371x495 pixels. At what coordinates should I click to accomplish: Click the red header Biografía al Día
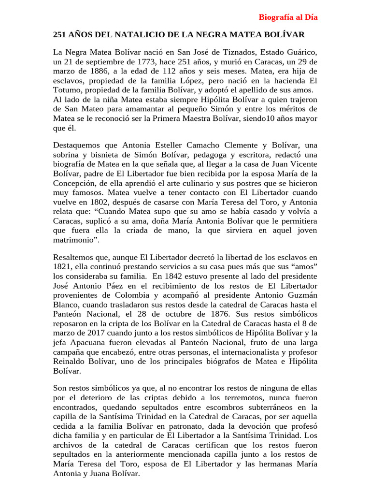(288, 17)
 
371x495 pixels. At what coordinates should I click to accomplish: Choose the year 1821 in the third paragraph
(62, 267)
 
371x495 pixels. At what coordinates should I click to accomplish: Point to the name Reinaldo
(69, 361)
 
